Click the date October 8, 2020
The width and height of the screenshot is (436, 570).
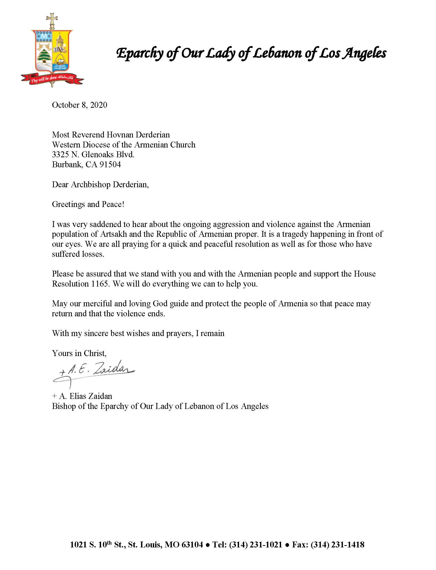tap(80, 105)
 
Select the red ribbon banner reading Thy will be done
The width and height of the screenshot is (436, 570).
tap(52, 79)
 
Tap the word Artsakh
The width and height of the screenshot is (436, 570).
tap(113, 234)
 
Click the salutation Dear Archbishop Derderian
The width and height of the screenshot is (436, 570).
tap(101, 184)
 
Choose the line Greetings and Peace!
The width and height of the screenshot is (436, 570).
tap(88, 204)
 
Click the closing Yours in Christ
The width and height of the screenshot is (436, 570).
tap(79, 353)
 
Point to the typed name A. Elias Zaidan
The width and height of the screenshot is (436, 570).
tap(85, 396)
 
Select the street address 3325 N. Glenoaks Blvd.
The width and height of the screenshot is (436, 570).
tap(93, 155)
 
